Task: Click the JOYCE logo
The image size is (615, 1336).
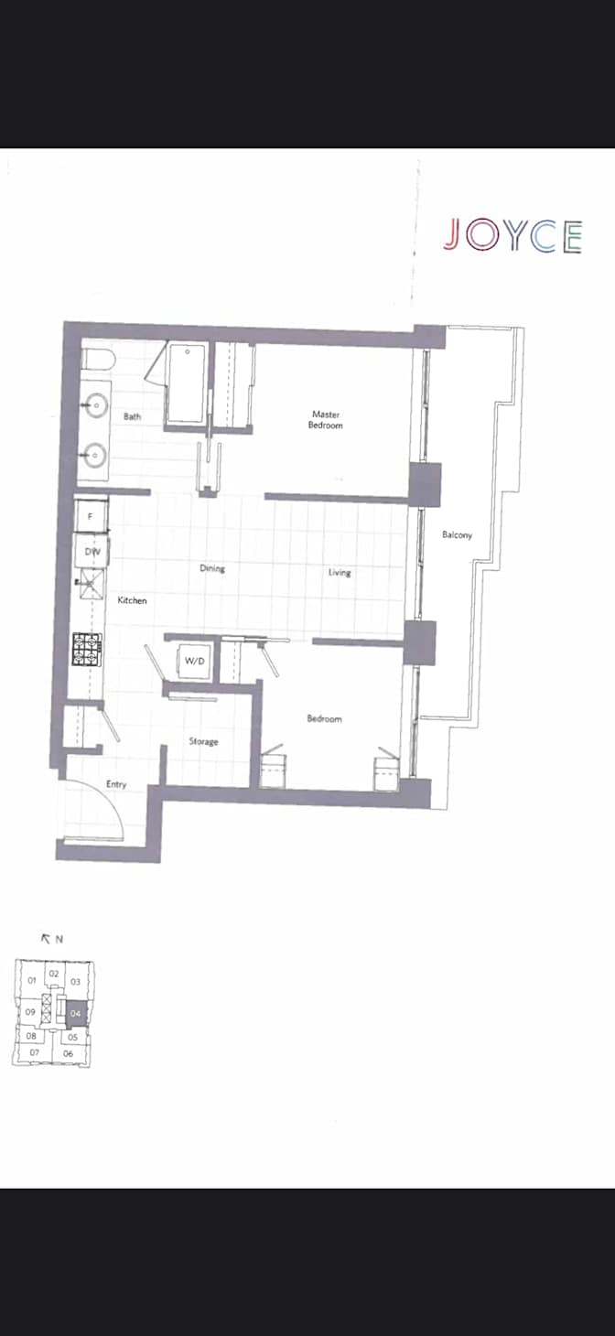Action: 512,235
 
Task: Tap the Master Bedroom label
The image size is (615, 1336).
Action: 326,420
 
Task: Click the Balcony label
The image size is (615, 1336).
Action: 457,535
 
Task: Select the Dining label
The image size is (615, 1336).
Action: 212,568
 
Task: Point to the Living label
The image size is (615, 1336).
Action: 340,573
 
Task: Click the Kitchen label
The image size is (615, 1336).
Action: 132,600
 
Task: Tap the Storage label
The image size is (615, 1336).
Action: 203,741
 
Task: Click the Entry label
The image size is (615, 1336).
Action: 116,784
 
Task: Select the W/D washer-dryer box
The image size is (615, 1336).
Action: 194,661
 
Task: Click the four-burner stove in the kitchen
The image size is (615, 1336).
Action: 88,649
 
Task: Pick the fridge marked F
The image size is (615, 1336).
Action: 91,516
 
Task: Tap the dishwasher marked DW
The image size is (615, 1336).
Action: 92,552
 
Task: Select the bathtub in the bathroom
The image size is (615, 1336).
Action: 186,384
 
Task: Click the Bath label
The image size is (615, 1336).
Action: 133,416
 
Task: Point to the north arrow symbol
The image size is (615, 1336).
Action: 46,939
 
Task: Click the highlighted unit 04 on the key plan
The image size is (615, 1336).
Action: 76,1013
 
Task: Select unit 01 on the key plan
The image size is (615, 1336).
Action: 32,980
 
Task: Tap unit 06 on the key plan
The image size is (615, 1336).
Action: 68,1053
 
